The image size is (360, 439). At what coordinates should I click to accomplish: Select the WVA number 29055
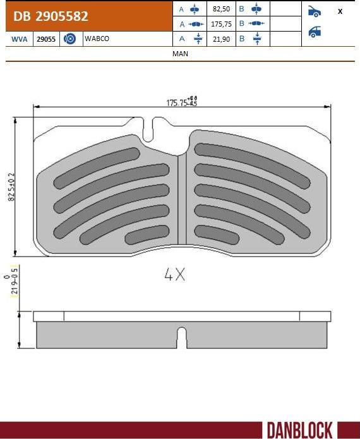point(46,39)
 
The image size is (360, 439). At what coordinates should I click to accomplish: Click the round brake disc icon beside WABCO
point(70,39)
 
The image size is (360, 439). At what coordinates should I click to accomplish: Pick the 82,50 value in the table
point(222,9)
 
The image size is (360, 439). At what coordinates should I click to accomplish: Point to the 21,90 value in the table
point(222,39)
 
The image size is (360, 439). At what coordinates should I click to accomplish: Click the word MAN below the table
point(180,54)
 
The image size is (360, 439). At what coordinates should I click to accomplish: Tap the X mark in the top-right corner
point(340,11)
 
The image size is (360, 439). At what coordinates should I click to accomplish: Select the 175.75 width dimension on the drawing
point(181,102)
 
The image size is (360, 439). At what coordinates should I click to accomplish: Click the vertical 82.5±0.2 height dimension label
point(11,186)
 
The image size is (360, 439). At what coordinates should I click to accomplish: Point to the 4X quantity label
point(174,275)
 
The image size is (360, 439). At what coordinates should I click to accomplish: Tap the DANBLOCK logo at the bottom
point(299,430)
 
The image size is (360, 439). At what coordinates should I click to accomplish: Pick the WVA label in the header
point(20,39)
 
